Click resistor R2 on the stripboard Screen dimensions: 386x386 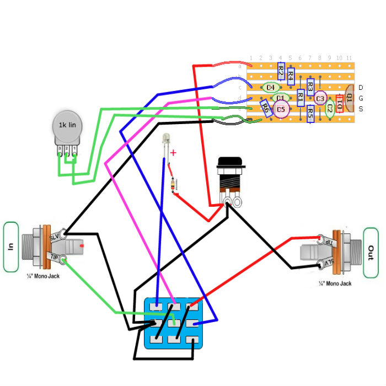click(x=280, y=71)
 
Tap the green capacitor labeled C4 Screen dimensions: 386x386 click(x=270, y=87)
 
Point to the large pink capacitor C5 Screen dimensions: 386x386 click(x=281, y=110)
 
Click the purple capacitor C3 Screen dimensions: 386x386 click(x=320, y=98)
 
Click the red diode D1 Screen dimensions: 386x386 click(x=339, y=103)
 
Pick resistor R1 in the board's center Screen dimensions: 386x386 click(x=301, y=98)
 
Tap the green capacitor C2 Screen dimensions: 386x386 click(x=330, y=108)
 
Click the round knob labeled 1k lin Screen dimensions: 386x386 click(x=67, y=126)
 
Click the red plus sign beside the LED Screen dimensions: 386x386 click(x=173, y=153)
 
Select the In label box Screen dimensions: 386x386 click(x=10, y=247)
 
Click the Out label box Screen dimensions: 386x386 click(x=370, y=253)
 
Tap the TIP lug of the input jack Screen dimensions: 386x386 click(x=64, y=259)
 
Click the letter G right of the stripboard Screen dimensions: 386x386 click(x=361, y=98)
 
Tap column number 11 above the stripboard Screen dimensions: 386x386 click(x=349, y=58)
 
